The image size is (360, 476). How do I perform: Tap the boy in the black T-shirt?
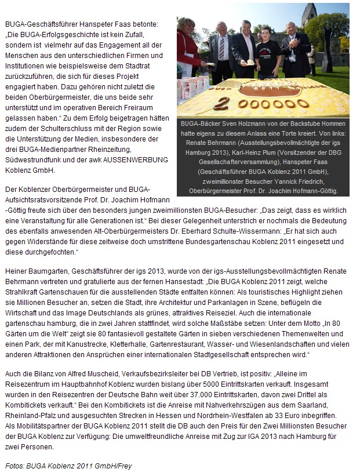(267, 55)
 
